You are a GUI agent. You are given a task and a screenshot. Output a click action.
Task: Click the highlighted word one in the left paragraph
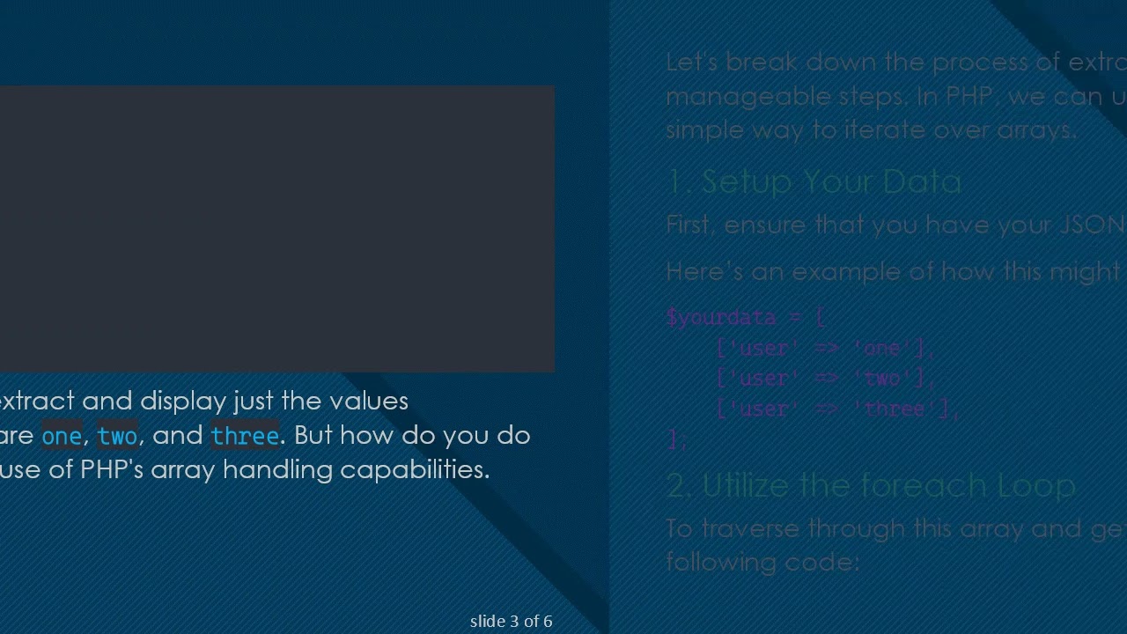point(62,436)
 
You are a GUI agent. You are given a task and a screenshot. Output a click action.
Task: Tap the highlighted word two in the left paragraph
point(117,436)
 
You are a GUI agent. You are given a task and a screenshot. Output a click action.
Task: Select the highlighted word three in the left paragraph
point(245,436)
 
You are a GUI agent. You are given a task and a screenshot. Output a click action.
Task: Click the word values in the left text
point(368,401)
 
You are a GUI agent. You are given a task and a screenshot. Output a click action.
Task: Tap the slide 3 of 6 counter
point(511,622)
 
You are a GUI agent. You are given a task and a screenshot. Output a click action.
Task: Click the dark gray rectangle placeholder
point(276,229)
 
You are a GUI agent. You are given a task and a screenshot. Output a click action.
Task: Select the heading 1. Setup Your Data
point(814,181)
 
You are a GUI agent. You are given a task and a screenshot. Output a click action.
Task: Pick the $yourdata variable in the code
point(721,317)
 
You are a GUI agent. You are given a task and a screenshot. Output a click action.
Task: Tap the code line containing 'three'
point(837,409)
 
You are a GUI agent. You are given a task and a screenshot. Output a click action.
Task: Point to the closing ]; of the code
point(676,439)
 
